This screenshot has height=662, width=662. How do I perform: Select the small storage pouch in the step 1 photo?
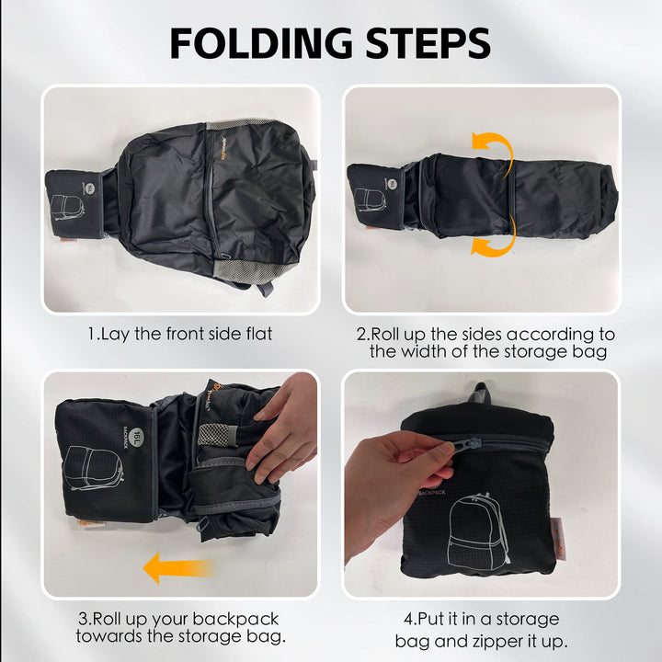(77, 202)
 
